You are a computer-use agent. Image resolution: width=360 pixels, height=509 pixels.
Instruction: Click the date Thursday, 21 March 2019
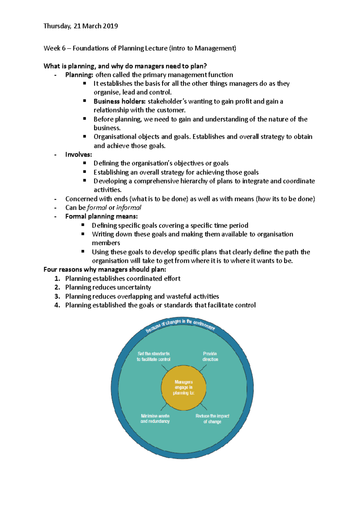pyautogui.click(x=80, y=26)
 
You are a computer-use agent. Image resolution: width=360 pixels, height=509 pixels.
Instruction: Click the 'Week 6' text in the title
pyautogui.click(x=54, y=48)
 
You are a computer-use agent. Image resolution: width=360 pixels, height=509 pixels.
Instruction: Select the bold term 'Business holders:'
pyautogui.click(x=119, y=101)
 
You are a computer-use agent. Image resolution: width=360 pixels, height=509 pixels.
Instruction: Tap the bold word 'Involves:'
pyautogui.click(x=79, y=155)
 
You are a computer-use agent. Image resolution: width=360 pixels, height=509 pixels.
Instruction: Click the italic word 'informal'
pyautogui.click(x=129, y=208)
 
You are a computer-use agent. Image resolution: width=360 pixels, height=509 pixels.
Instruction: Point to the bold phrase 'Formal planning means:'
pyautogui.click(x=101, y=216)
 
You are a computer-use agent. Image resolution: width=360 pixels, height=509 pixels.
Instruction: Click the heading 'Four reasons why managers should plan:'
pyautogui.click(x=105, y=269)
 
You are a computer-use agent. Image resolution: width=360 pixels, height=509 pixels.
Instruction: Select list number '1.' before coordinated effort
pyautogui.click(x=57, y=278)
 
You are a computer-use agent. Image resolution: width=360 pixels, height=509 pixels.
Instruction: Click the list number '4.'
pyautogui.click(x=57, y=305)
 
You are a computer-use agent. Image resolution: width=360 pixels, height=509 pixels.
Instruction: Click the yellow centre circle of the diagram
pyautogui.click(x=184, y=388)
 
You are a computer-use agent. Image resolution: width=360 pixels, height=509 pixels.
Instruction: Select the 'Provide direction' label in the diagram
pyautogui.click(x=210, y=356)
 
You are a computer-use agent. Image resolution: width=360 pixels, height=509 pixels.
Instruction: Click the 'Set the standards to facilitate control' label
pyautogui.click(x=154, y=356)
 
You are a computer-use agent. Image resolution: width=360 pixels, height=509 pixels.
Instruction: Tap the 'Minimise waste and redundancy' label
pyautogui.click(x=155, y=418)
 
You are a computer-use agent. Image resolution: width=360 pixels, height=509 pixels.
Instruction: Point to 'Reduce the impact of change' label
pyautogui.click(x=212, y=419)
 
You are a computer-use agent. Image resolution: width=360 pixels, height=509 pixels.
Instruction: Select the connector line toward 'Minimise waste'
pyautogui.click(x=164, y=407)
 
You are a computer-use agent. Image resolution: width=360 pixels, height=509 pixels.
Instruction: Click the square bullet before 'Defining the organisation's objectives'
pyautogui.click(x=85, y=163)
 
